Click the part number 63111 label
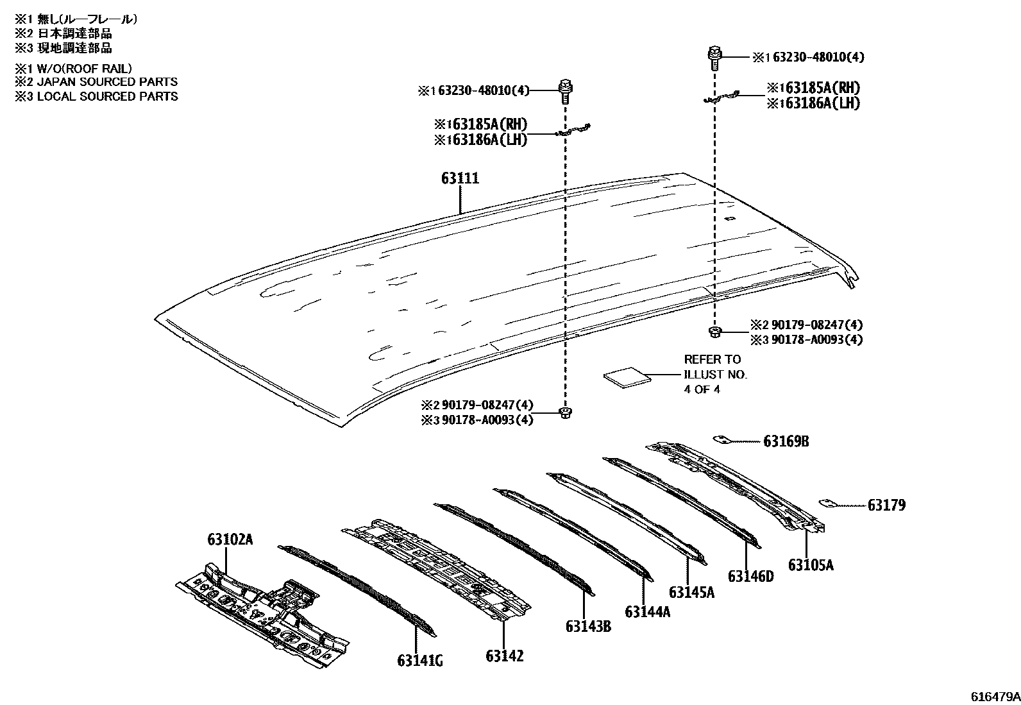point(460,178)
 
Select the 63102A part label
point(230,539)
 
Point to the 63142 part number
point(504,656)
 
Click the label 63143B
point(587,626)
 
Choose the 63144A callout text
point(647,612)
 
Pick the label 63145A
point(691,591)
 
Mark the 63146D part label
point(750,576)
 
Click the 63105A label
point(811,565)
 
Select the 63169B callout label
point(786,441)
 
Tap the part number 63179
point(886,505)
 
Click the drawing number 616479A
point(994,696)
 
